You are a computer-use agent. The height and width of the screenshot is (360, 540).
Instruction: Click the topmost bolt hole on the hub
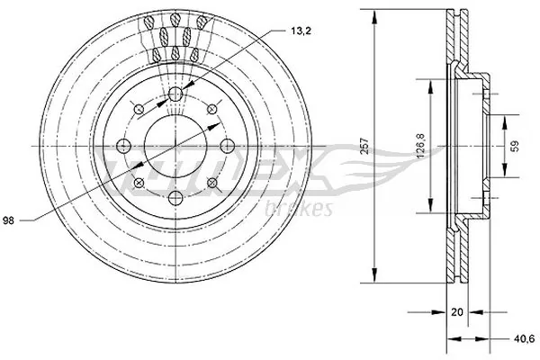tap(175, 96)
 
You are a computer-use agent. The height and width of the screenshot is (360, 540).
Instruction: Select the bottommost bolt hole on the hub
tap(175, 197)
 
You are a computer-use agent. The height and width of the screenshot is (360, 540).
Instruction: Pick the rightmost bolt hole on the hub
tap(226, 147)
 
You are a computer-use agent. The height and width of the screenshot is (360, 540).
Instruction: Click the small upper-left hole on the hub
tap(139, 111)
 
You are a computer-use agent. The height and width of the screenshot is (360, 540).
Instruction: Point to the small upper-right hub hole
tap(212, 111)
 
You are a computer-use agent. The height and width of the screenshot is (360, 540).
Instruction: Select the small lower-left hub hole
tap(139, 184)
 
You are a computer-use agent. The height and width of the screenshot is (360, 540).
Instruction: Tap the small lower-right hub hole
tap(212, 184)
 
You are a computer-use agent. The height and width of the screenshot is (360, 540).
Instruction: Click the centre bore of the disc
tap(175, 147)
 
